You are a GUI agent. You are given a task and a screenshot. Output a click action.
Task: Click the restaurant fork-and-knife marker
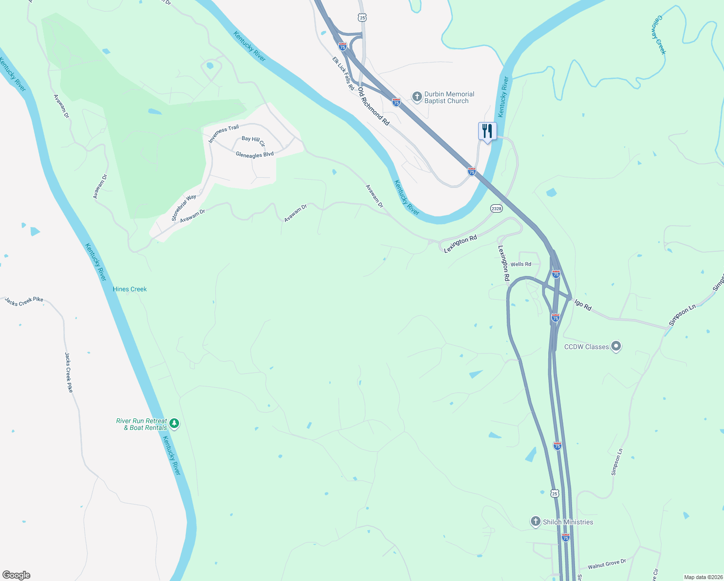[x=487, y=131]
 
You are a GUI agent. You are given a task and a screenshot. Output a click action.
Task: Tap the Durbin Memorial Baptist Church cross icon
[x=417, y=97]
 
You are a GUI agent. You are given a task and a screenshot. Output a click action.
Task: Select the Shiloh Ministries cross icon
[x=535, y=521]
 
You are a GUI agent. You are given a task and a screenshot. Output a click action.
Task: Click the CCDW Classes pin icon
[x=616, y=346]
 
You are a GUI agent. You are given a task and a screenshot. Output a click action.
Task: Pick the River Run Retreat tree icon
[x=174, y=424]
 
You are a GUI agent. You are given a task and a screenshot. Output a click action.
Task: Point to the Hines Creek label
[x=130, y=289]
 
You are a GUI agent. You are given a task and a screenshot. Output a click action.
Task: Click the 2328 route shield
[x=496, y=208]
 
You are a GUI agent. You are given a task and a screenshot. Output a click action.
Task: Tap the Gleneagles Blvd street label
[x=255, y=155]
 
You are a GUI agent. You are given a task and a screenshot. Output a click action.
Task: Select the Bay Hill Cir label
[x=253, y=140]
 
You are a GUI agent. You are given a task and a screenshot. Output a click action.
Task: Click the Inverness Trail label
[x=224, y=134]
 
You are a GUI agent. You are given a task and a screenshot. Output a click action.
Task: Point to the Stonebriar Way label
[x=184, y=208]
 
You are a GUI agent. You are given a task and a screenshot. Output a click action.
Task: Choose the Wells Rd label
[x=521, y=264]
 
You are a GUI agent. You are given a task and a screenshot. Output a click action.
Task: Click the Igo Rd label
[x=583, y=305]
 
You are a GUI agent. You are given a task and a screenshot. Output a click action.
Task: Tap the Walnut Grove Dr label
[x=607, y=565]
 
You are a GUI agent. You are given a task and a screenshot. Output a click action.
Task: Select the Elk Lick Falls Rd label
[x=343, y=74]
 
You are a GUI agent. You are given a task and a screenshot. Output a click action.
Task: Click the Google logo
[x=16, y=575]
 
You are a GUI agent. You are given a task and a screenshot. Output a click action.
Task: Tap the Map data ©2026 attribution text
[x=703, y=577]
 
